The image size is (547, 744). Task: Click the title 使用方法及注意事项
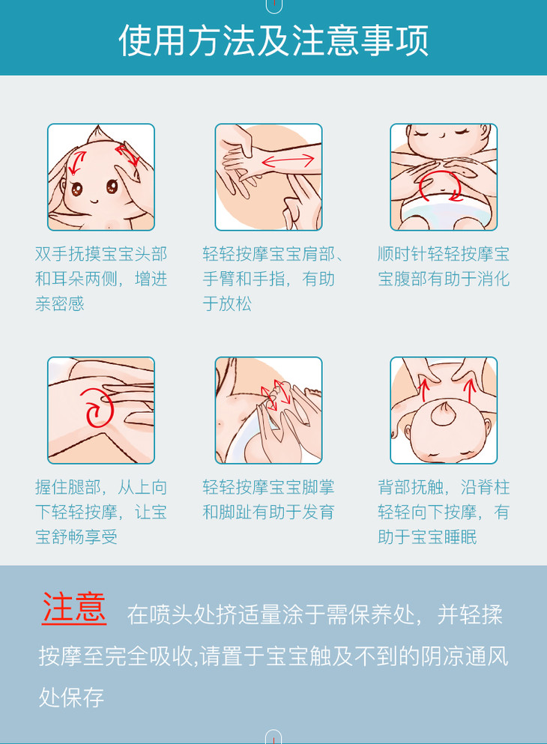pos(273,40)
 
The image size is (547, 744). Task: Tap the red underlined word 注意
pos(74,608)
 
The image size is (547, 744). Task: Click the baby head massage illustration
pos(101,177)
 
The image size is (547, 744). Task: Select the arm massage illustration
pos(268,177)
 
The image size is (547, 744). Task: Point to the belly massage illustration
pos(444,177)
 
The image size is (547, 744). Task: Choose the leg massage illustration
pos(101,411)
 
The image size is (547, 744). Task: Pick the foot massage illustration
pos(268,411)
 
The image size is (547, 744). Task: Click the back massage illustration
pos(444,411)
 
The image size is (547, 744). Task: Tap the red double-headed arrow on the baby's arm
pos(288,161)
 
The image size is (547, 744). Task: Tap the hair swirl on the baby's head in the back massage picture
pos(444,414)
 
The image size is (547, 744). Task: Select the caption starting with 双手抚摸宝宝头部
pos(101,279)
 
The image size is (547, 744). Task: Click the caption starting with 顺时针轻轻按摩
pos(444,266)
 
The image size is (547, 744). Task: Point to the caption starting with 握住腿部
pos(101,512)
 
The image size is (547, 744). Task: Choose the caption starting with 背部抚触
pos(444,512)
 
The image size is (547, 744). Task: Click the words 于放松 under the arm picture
pos(227,303)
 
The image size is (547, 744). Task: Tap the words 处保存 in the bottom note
pos(71,698)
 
